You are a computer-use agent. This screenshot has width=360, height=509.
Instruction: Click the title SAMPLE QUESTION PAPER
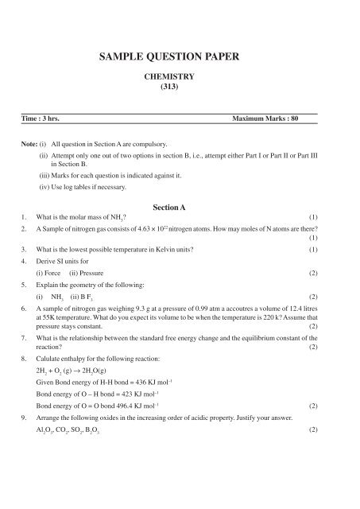coord(180,58)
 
